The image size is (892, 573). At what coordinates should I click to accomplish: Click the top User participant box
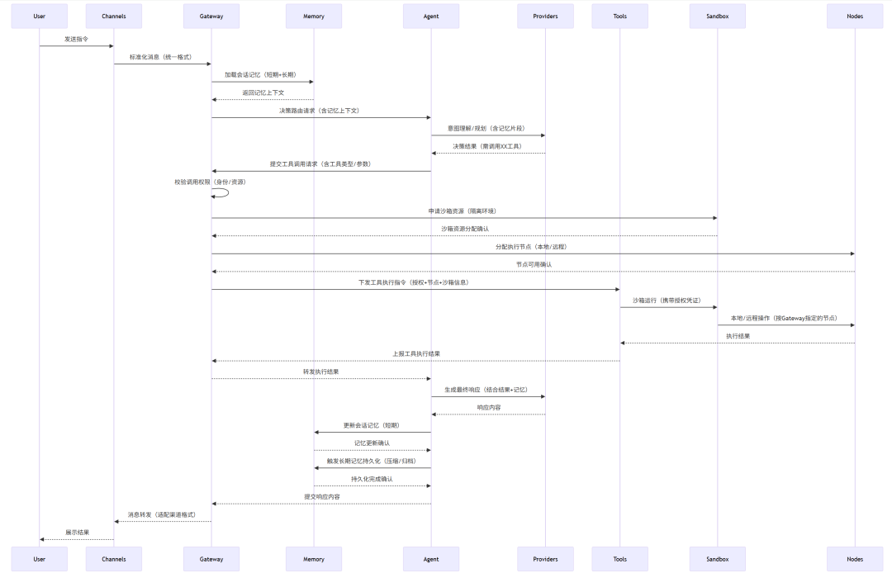[39, 16]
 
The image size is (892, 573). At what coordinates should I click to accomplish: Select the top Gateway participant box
[211, 16]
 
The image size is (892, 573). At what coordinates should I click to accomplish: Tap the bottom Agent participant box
[430, 559]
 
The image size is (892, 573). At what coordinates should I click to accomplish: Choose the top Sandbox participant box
[717, 16]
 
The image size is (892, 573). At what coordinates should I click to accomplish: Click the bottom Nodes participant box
[855, 559]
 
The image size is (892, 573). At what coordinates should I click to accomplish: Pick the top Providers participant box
[545, 16]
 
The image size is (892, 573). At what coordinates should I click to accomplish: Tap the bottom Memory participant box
[314, 559]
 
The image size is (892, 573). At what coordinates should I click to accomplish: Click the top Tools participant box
[619, 16]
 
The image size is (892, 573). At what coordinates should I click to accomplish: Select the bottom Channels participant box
[114, 559]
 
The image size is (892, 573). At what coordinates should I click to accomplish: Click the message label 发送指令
[76, 39]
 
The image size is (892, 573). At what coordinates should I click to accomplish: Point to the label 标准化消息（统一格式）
[160, 57]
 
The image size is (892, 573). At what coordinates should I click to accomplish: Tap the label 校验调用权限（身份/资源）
[210, 182]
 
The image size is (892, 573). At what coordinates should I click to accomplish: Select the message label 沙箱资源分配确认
[464, 229]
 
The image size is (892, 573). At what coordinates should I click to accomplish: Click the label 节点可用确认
[534, 264]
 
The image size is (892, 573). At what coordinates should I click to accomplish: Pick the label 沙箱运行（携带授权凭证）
[667, 301]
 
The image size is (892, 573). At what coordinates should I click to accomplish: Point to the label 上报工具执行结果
[416, 353]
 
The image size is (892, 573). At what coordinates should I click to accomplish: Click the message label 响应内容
[488, 407]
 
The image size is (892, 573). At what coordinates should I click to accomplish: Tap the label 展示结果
[77, 533]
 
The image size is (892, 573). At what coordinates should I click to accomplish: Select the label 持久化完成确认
[372, 479]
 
